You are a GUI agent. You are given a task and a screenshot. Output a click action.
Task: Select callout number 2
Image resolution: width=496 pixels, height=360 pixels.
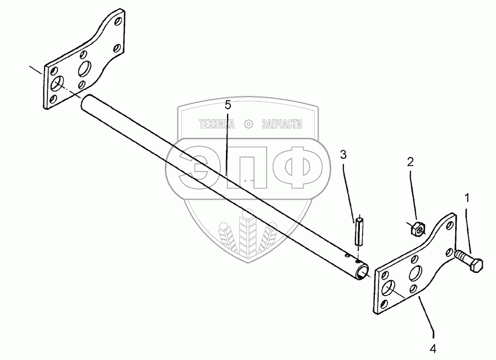tap(410, 162)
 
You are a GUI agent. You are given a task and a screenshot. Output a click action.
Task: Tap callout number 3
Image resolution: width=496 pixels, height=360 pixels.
tap(343, 155)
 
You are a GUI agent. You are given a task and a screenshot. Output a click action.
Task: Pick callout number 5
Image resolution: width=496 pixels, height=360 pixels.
tap(228, 104)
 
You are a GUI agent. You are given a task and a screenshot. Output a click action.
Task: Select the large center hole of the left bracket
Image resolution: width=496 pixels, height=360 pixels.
tap(85, 69)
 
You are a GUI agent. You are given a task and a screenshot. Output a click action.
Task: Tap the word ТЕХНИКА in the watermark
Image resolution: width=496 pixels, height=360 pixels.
tap(217, 125)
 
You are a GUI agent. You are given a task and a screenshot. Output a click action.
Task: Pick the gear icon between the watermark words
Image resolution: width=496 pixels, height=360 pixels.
tap(248, 125)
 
